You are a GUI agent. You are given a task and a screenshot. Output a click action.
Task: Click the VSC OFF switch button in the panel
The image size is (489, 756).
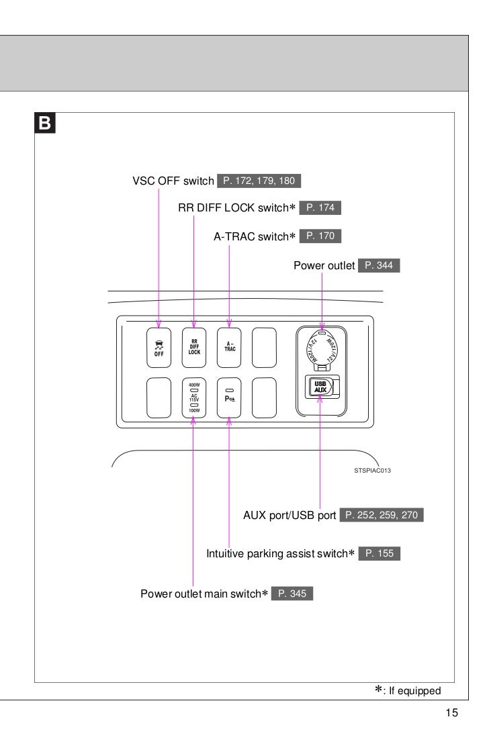(159, 347)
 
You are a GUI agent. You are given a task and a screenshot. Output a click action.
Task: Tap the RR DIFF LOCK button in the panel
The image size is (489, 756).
(194, 347)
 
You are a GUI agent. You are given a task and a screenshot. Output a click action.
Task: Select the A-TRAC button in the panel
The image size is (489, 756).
(230, 347)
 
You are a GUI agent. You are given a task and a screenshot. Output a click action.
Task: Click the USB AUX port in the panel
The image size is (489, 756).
(320, 387)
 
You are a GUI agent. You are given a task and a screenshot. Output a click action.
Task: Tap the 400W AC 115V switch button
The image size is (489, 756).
(194, 398)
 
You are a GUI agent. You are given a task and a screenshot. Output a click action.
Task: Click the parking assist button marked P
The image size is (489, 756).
(230, 398)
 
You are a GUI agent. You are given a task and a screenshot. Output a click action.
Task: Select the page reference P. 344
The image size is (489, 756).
(379, 266)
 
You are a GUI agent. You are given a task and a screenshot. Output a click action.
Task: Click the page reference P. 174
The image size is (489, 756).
(320, 208)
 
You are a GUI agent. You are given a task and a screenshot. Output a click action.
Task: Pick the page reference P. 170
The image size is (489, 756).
(320, 236)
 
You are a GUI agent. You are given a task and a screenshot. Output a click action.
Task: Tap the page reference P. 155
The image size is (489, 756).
(380, 554)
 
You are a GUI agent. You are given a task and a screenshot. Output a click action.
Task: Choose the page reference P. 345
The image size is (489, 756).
(292, 594)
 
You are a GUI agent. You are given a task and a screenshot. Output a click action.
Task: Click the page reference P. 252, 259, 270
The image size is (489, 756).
(382, 516)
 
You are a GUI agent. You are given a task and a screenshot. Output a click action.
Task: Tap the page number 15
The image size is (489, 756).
(451, 713)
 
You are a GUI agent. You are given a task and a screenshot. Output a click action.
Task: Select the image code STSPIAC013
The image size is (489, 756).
(373, 471)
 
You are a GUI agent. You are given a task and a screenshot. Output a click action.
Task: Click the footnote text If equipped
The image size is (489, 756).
(413, 691)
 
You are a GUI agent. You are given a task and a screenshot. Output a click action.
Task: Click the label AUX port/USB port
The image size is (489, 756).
(289, 516)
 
